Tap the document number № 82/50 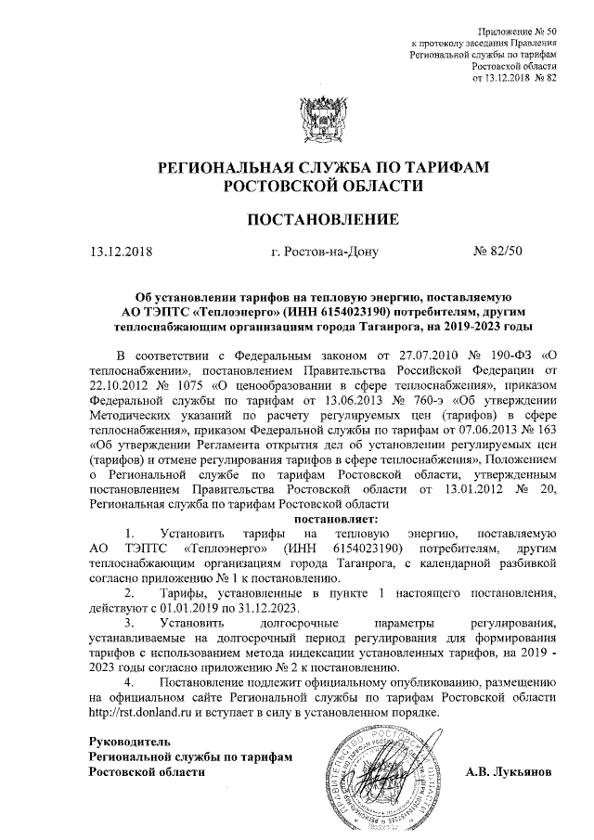coord(498,252)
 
